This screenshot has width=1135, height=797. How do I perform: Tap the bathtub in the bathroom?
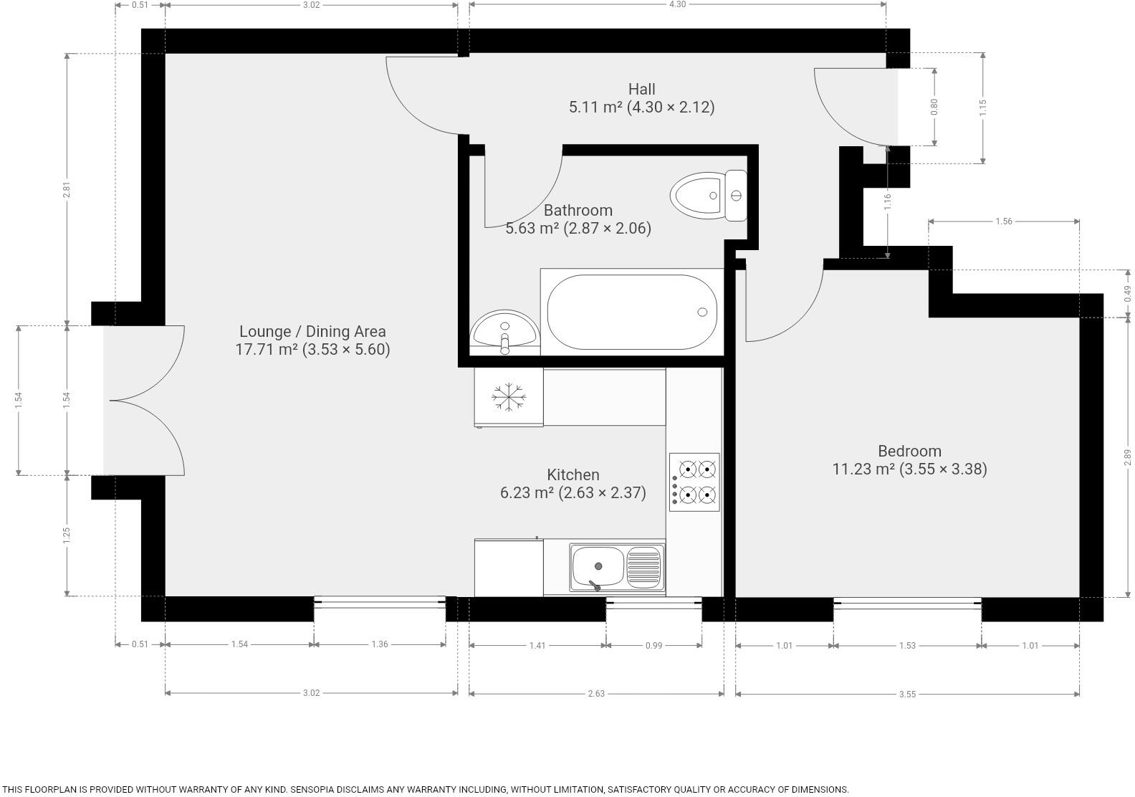click(x=631, y=312)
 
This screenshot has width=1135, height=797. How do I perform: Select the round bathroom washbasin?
click(x=504, y=332)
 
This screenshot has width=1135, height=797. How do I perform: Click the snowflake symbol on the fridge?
click(x=509, y=397)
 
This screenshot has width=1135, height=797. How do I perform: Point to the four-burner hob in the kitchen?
click(x=694, y=482)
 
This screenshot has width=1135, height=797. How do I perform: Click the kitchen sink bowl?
click(x=598, y=566)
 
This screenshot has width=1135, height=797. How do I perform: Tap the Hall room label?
click(x=641, y=90)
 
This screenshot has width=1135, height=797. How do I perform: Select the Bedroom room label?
click(x=909, y=451)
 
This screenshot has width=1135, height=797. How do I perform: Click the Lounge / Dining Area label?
click(x=312, y=331)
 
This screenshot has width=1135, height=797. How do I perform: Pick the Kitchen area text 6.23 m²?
click(x=527, y=493)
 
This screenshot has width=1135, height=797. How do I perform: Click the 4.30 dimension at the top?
click(x=677, y=4)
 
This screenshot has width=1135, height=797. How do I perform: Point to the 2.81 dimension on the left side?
click(x=67, y=190)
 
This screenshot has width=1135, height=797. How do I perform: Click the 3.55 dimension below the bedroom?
click(x=907, y=694)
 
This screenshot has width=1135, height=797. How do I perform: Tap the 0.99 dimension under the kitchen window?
click(x=653, y=645)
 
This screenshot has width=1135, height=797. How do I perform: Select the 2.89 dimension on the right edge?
click(x=1126, y=457)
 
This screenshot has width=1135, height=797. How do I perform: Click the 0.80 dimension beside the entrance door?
click(x=934, y=107)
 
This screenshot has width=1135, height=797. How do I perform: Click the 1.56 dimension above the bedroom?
click(x=1003, y=221)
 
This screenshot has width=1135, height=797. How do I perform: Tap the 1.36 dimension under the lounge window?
click(x=380, y=644)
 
